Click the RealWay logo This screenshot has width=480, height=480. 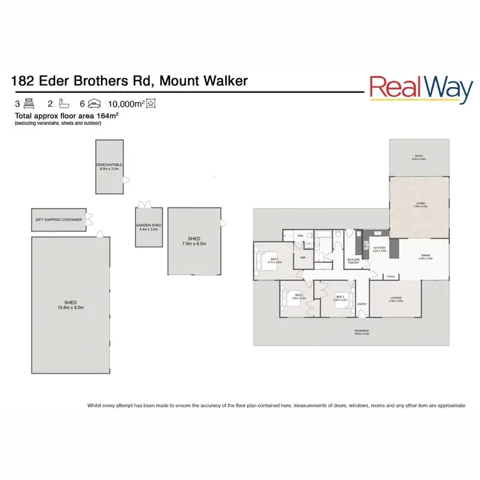click(x=421, y=90)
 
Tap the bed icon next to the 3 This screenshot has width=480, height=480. click(x=29, y=103)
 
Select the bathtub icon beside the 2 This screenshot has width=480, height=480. click(x=61, y=103)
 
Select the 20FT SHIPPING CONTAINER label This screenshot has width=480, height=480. click(x=58, y=220)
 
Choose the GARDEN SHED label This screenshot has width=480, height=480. click(x=148, y=225)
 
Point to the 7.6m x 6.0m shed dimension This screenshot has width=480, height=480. click(x=195, y=243)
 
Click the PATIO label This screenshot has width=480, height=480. click(x=419, y=156)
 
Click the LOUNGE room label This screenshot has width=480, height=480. click(x=396, y=298)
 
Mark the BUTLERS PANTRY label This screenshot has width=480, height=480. click(x=353, y=261)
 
